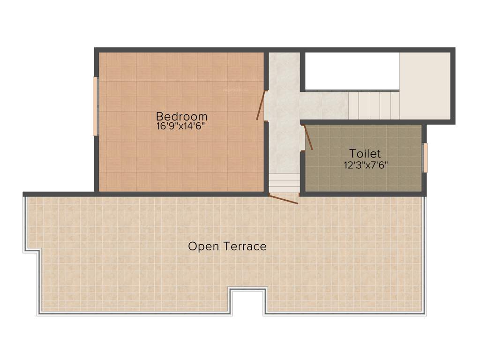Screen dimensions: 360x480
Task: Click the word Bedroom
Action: click(x=181, y=116)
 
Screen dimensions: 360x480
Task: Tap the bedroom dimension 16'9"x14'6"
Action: click(x=181, y=126)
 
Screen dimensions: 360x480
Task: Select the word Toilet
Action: click(x=365, y=153)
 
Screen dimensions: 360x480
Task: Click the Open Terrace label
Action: click(x=227, y=246)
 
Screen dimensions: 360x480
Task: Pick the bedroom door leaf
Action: click(x=261, y=105)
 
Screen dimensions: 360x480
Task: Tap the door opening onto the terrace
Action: click(x=283, y=199)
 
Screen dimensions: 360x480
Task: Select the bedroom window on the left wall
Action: click(x=95, y=106)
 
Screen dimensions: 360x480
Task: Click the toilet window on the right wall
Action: click(x=426, y=158)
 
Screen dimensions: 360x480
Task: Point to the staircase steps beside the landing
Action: click(x=374, y=105)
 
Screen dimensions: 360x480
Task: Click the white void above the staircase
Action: click(x=350, y=71)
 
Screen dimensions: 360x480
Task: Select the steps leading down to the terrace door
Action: click(x=284, y=183)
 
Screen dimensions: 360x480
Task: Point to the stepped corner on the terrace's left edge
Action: click(x=32, y=253)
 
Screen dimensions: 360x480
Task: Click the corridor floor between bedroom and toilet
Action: click(x=284, y=136)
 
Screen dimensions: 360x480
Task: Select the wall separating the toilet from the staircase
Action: click(x=363, y=122)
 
